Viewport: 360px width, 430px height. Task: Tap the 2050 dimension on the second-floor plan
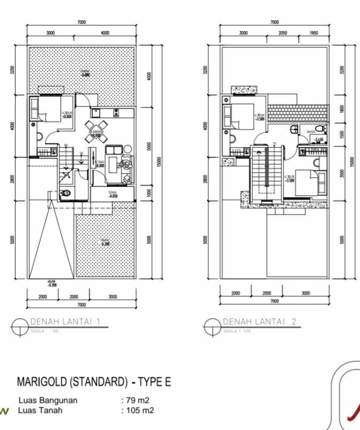click(284, 33)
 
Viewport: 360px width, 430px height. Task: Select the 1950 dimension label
click(313, 33)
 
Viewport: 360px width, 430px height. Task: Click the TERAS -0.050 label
click(112, 195)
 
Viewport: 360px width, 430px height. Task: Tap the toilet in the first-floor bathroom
click(65, 194)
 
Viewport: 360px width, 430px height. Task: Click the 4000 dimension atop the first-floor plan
click(104, 33)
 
